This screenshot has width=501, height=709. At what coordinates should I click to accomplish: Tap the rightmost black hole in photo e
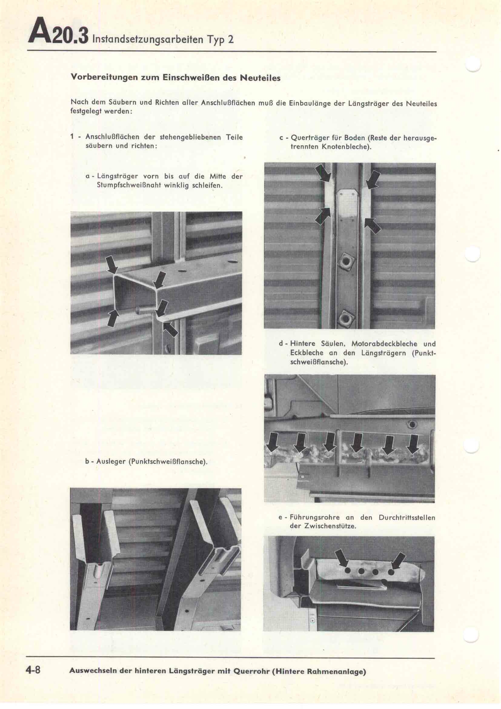pyautogui.click(x=390, y=572)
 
